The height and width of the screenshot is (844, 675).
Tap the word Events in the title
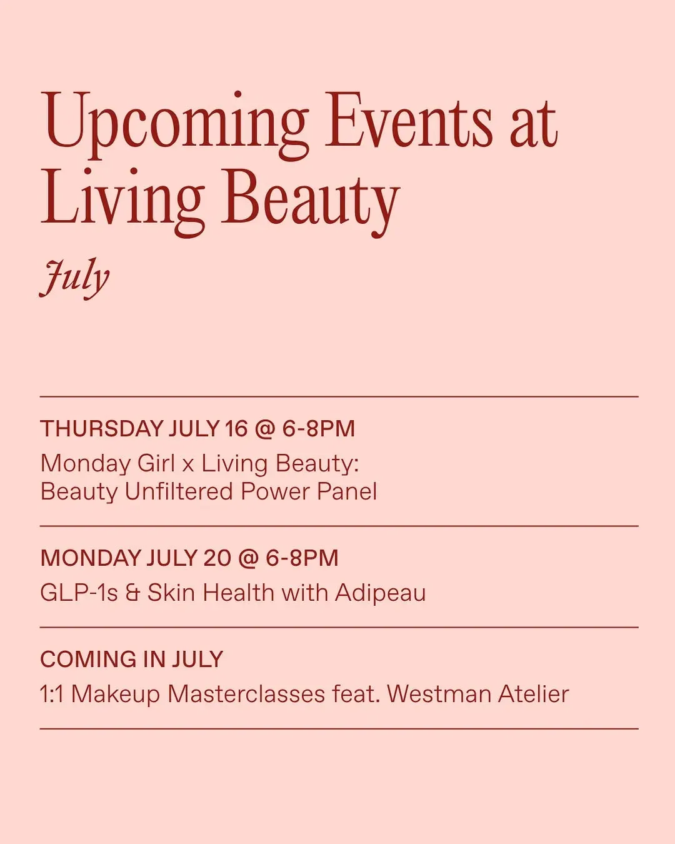click(x=408, y=119)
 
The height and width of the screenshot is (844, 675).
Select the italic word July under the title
click(x=74, y=278)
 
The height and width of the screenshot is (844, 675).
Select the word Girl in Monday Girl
click(x=156, y=463)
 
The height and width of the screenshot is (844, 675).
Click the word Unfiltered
click(x=179, y=491)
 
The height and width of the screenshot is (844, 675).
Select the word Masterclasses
click(x=246, y=694)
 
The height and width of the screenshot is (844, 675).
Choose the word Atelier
click(x=534, y=694)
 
